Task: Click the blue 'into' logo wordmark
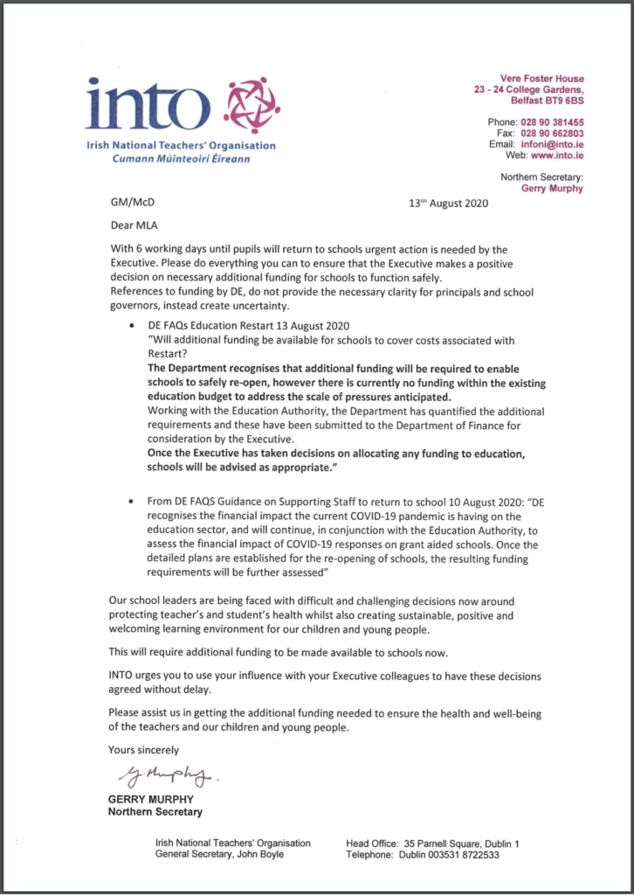(148, 105)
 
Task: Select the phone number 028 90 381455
(553, 121)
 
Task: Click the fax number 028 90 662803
(553, 133)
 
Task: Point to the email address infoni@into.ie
(553, 143)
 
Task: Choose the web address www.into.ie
(557, 155)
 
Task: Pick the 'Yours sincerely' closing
(143, 749)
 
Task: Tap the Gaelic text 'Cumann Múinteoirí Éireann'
(181, 160)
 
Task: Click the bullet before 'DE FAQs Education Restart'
(131, 325)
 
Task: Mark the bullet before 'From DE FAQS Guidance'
(131, 503)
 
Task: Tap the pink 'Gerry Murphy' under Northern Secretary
(552, 188)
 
